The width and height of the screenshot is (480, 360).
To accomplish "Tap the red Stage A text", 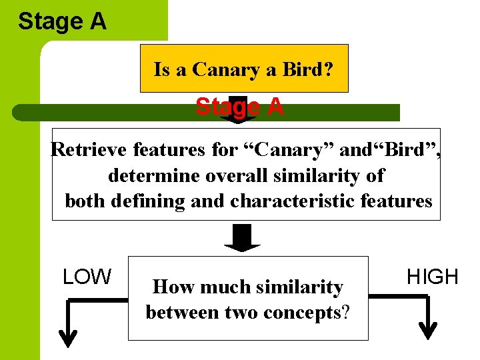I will (x=239, y=107).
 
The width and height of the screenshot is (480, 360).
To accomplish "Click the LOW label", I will (x=87, y=277).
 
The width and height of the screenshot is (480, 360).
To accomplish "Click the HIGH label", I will (x=433, y=277).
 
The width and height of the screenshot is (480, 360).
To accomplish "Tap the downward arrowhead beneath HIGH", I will (x=427, y=331).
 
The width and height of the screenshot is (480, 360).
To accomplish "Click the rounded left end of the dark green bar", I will (x=20, y=112).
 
